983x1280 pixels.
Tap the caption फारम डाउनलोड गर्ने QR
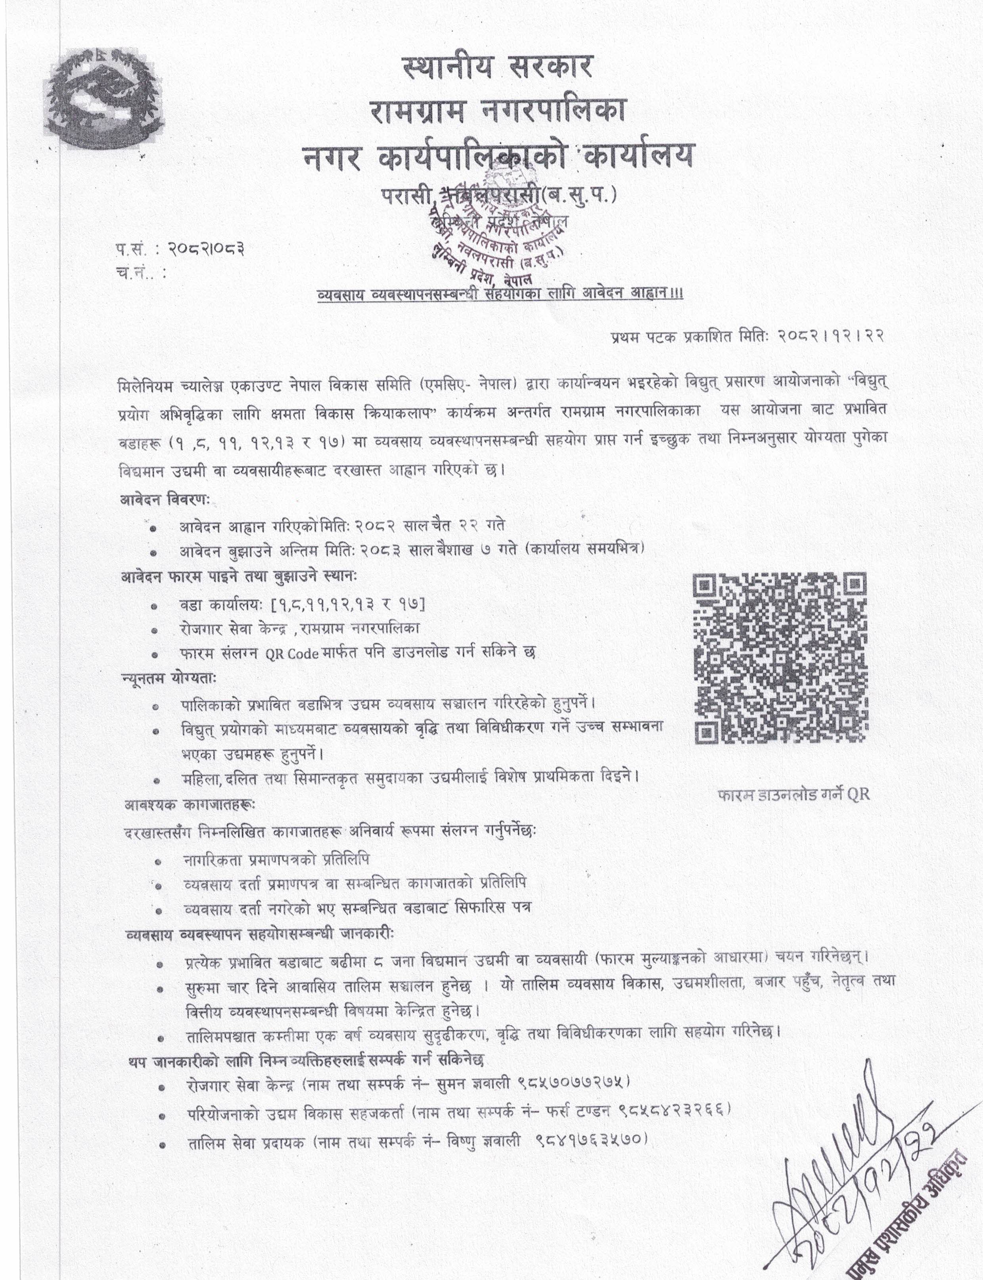tap(793, 794)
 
